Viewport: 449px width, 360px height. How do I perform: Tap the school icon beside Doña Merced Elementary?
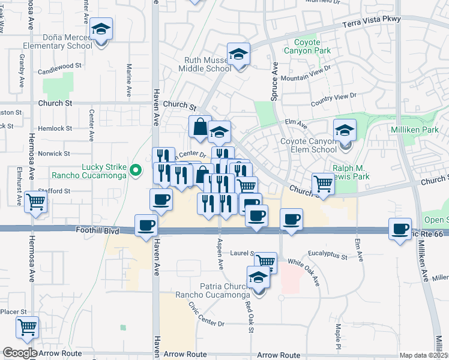tap(101, 29)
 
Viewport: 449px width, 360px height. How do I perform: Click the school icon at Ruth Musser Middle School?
tap(238, 55)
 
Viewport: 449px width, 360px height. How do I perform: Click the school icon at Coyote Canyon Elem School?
tap(345, 130)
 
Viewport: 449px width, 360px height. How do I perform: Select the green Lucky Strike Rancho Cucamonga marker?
tap(136, 171)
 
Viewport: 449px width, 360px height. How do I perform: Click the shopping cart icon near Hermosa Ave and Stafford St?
tap(36, 202)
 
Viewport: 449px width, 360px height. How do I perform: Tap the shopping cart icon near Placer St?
tap(27, 328)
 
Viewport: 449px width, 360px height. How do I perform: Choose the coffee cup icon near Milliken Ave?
tap(400, 229)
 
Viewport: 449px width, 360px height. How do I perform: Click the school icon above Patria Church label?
tap(259, 277)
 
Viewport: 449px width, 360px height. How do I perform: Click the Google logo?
tap(19, 353)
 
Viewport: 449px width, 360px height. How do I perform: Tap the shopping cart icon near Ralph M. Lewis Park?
tap(323, 184)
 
